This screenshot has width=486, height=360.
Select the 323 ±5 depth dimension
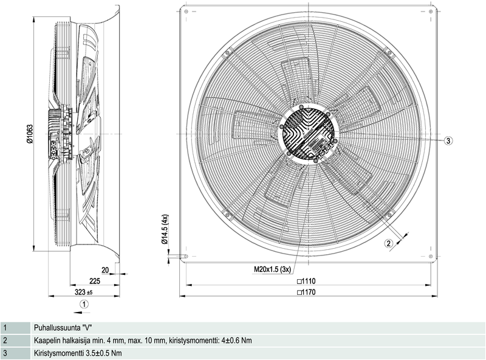click(x=81, y=292)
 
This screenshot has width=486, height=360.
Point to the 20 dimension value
click(x=105, y=269)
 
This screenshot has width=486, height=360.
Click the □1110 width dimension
click(x=309, y=281)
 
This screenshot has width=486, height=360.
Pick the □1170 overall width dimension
click(x=309, y=292)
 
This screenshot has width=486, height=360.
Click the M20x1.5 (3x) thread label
click(x=273, y=269)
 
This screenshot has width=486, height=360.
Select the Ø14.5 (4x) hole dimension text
click(x=165, y=229)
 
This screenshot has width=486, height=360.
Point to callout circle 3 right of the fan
click(x=448, y=140)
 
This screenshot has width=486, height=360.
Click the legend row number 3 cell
click(x=5, y=353)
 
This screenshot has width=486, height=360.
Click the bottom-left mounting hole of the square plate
click(x=186, y=256)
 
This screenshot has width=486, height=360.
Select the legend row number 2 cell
click(x=5, y=341)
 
